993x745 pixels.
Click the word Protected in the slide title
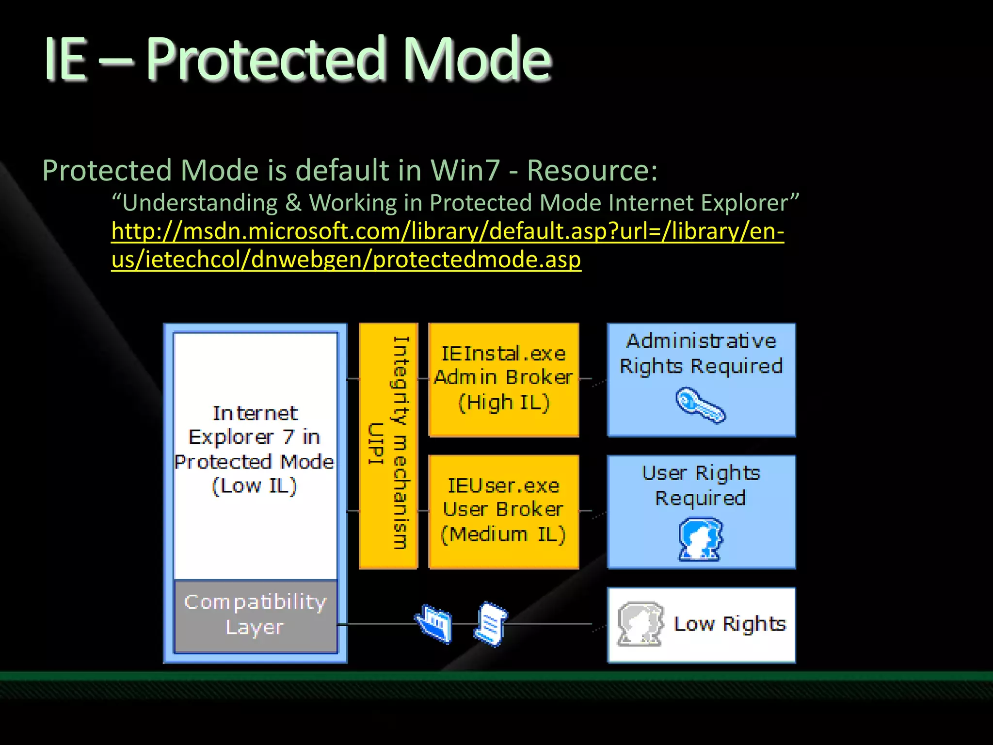coord(266,59)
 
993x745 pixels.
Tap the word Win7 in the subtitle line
coord(464,171)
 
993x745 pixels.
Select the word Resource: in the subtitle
coord(592,171)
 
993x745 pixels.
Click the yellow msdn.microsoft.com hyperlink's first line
coord(447,231)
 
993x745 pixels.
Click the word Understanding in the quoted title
coord(199,203)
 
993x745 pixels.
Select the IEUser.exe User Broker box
coord(503,511)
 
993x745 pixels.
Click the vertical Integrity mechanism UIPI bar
coord(388,445)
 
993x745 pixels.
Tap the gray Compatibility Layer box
coord(255,615)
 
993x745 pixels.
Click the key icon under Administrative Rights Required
coord(700,405)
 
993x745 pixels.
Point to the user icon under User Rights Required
coord(700,538)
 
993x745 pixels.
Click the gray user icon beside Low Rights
coord(640,624)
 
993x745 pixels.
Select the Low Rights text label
coord(729,624)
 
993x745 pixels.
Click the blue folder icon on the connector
coord(434,624)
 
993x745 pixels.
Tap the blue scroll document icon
coord(491,624)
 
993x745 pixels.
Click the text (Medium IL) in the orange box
coord(503,535)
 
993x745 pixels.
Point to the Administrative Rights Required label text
coord(701,354)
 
